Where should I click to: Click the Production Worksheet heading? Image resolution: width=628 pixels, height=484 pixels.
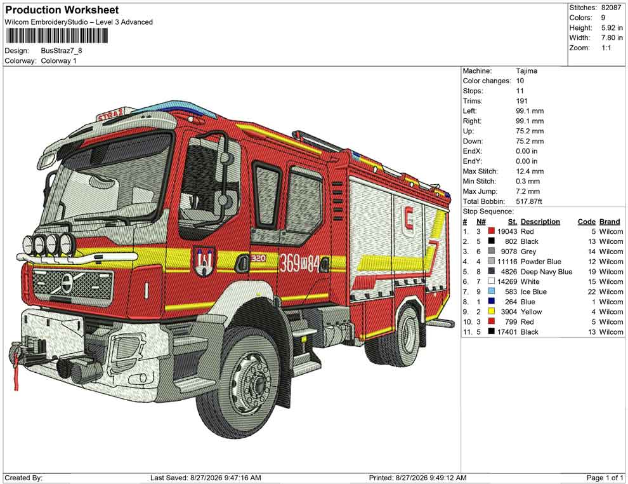[62, 10]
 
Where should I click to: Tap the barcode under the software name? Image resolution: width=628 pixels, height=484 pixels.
[56, 36]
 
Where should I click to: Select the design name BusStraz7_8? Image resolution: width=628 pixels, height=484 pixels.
[62, 51]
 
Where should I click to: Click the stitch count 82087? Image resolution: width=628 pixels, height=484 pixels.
[611, 8]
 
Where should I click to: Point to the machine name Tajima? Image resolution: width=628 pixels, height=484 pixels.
[527, 71]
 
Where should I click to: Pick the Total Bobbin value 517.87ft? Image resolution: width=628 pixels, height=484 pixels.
[528, 201]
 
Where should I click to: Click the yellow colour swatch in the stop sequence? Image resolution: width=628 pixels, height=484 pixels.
[492, 312]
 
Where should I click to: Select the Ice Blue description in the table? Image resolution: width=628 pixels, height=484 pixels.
[533, 292]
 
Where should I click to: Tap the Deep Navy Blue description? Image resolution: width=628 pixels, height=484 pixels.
[546, 271]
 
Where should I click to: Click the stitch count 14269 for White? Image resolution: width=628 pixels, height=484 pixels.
[507, 281]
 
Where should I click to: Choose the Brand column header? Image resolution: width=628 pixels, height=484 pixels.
[610, 221]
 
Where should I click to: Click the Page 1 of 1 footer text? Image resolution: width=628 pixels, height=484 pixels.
[605, 478]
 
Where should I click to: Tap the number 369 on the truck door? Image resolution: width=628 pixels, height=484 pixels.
[289, 264]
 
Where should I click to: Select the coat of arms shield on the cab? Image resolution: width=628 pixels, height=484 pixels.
[205, 261]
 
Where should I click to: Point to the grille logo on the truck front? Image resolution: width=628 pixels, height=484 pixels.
[67, 282]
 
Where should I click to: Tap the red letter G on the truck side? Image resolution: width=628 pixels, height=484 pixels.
[409, 221]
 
